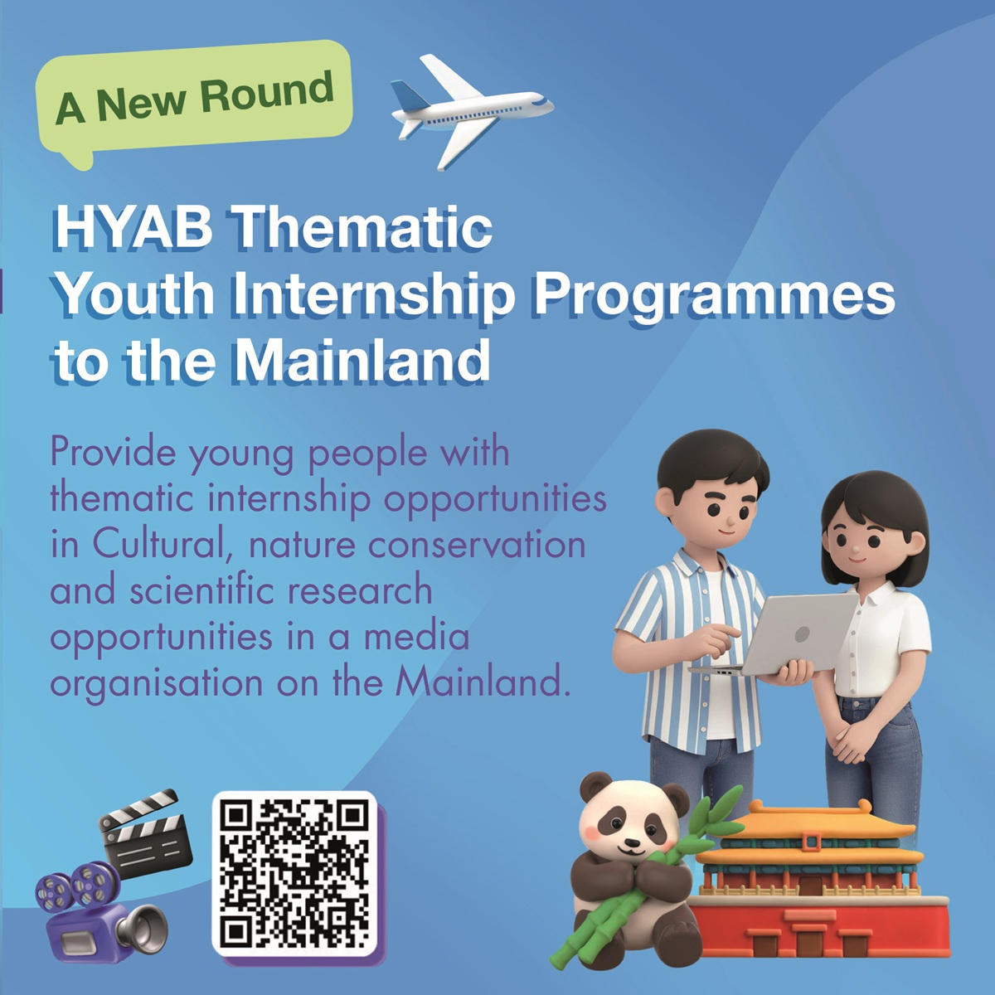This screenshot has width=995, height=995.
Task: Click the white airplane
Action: tap(468, 111)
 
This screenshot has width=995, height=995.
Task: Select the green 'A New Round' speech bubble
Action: tap(194, 100)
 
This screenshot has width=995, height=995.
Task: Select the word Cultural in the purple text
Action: tap(161, 545)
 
